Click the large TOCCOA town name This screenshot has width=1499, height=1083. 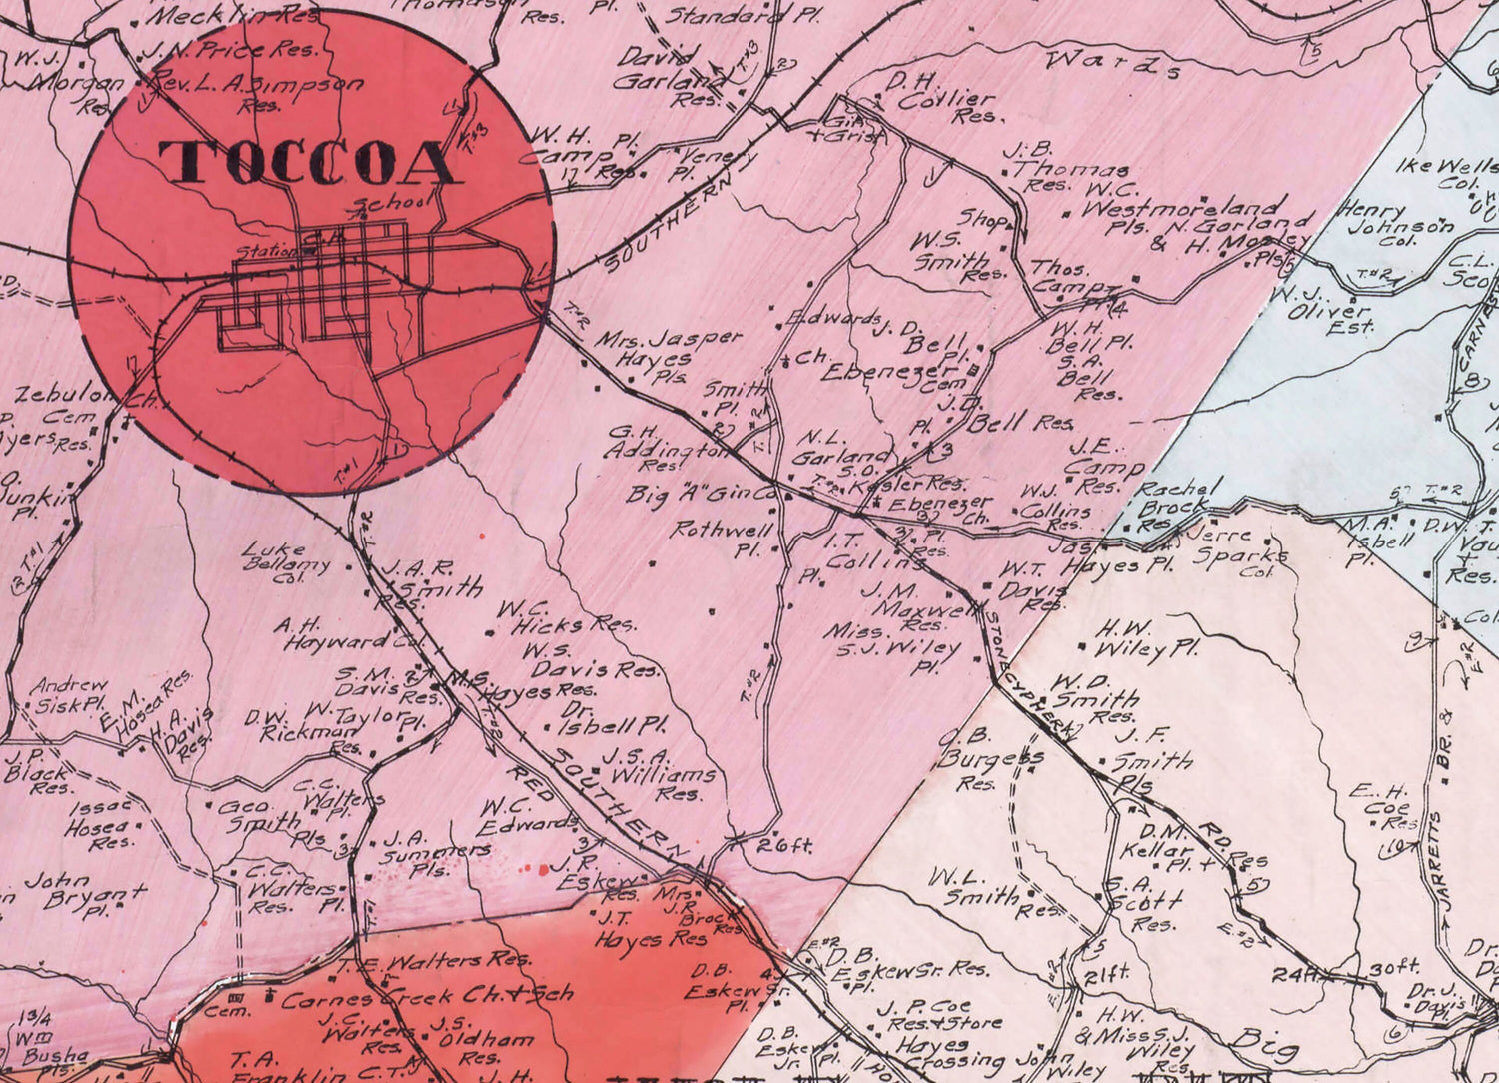tap(311, 164)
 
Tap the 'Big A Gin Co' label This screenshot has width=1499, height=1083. tap(702, 494)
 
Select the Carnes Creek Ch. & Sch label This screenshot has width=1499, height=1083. tap(428, 995)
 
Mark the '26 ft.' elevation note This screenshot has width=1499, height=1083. tap(785, 845)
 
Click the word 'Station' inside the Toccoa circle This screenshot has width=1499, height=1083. tap(265, 252)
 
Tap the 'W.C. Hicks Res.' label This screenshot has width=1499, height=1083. tap(565, 616)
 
